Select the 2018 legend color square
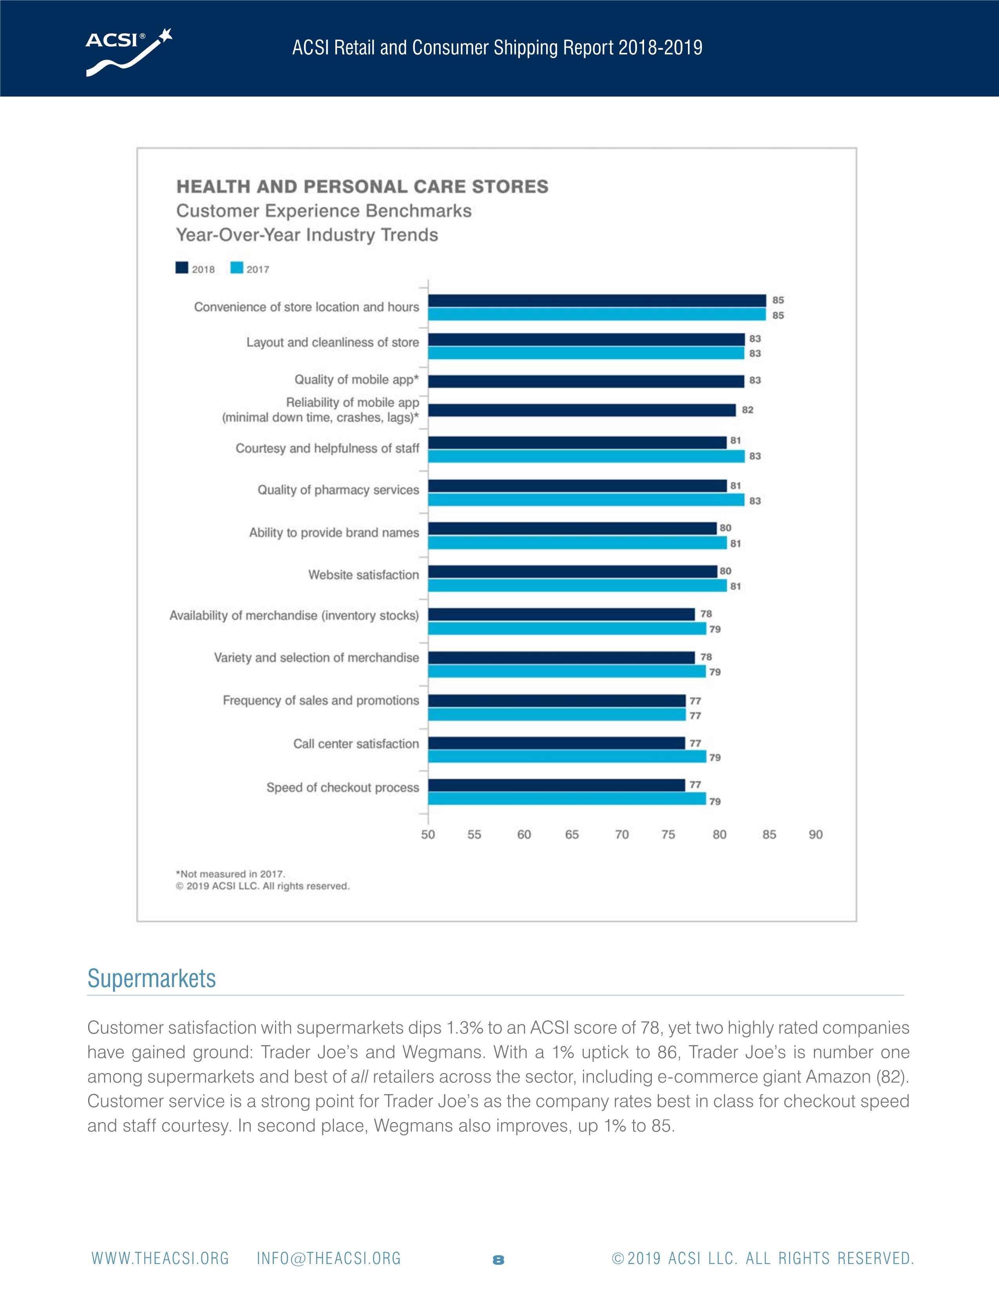tap(182, 268)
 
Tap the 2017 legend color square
tap(237, 268)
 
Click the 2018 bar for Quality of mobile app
tap(586, 381)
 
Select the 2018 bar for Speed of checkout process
tap(556, 785)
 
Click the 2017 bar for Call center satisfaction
tap(567, 757)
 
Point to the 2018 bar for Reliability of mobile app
tap(582, 410)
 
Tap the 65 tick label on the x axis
tap(572, 835)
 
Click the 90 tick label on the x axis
tap(816, 835)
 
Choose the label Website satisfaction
tap(364, 575)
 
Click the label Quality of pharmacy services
tap(338, 490)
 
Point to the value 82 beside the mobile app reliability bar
tap(747, 410)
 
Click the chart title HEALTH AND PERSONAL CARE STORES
tap(362, 187)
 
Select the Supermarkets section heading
tap(152, 979)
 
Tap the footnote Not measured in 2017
tap(231, 874)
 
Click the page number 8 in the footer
tap(498, 1260)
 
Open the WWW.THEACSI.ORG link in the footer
tap(160, 1259)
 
